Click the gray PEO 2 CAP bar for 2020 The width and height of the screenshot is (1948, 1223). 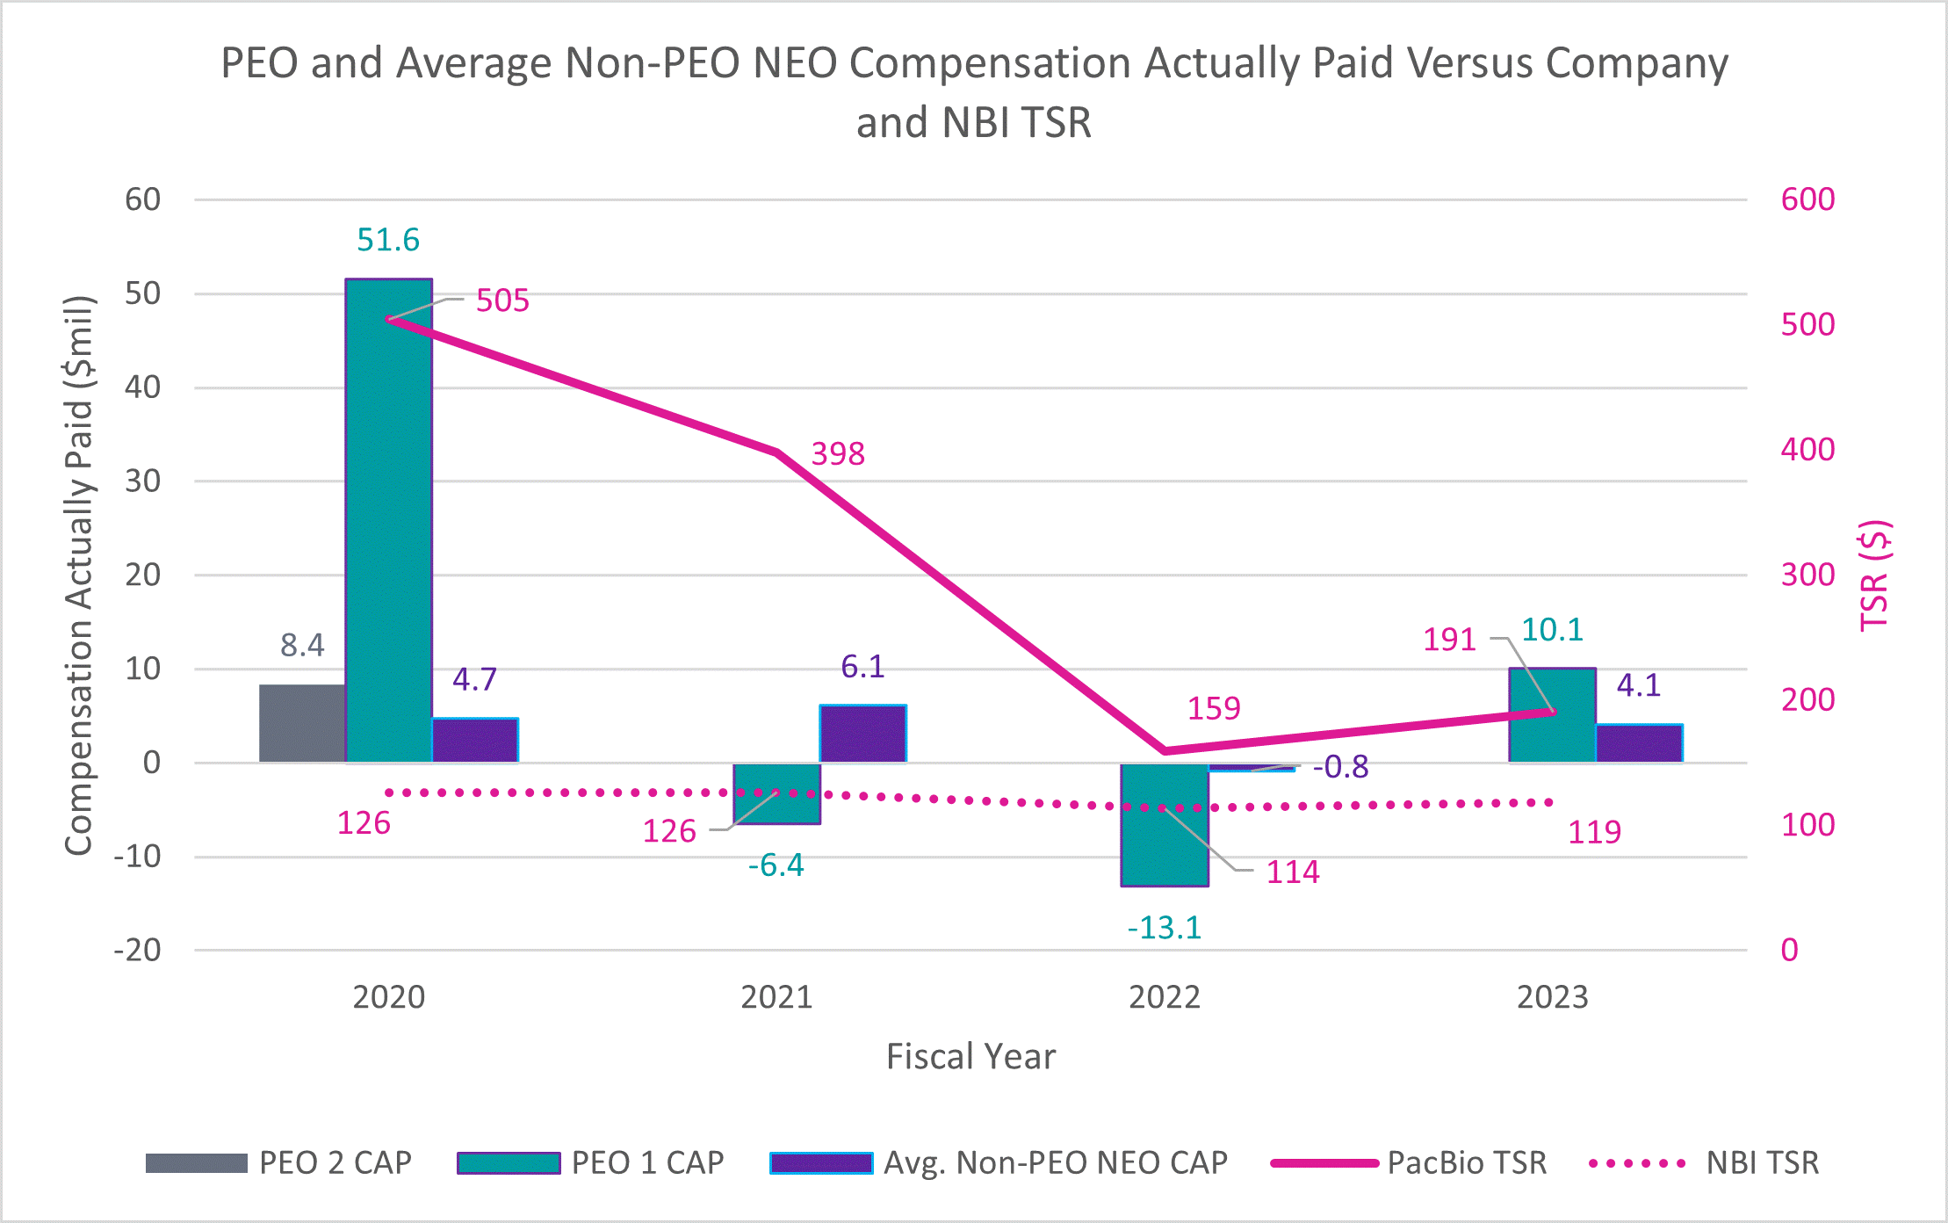pyautogui.click(x=302, y=723)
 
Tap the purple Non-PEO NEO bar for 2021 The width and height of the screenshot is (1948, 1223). pyautogui.click(x=862, y=734)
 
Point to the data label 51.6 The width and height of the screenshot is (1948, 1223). pyautogui.click(x=388, y=240)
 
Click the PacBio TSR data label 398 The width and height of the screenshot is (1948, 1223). pyautogui.click(x=838, y=454)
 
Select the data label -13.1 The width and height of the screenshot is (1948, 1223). pyautogui.click(x=1165, y=928)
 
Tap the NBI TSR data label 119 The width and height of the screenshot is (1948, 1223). pyautogui.click(x=1594, y=832)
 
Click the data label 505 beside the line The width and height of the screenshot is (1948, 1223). pyautogui.click(x=502, y=300)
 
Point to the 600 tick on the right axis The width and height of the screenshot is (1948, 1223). pyautogui.click(x=1807, y=199)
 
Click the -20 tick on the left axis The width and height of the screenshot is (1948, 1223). pyautogui.click(x=138, y=950)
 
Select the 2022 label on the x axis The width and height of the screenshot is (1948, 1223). pyautogui.click(x=1165, y=997)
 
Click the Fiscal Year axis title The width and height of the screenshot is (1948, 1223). pyautogui.click(x=970, y=1056)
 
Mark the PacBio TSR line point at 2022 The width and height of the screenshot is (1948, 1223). pyautogui.click(x=1165, y=751)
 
